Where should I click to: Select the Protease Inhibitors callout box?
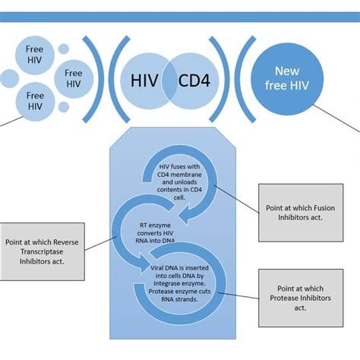click(x=299, y=292)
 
